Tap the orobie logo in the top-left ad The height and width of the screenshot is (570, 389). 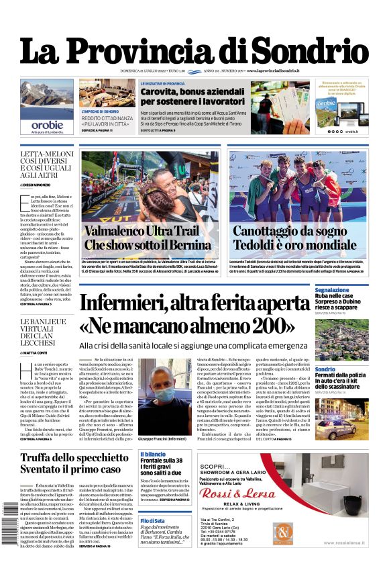[47, 124]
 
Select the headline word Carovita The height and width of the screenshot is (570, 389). [160, 91]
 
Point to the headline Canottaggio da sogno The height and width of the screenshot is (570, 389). [298, 232]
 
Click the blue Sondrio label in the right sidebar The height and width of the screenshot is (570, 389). [325, 369]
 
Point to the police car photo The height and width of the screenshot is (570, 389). [339, 420]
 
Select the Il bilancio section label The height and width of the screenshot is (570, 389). [153, 455]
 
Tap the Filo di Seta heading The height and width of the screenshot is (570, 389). [152, 520]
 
